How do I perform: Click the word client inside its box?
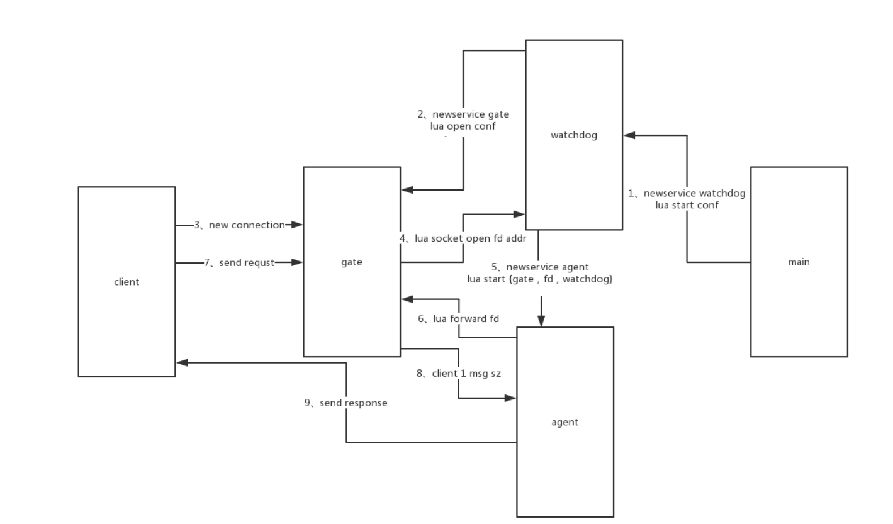126,282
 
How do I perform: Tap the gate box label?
351,262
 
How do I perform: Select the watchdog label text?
574,135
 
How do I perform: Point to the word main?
799,262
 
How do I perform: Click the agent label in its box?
564,422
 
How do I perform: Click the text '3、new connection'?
239,225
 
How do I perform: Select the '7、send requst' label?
239,262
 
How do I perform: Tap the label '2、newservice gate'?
463,114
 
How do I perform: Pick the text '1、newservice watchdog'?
687,194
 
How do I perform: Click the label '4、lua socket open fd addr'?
463,238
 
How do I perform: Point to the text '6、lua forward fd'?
458,319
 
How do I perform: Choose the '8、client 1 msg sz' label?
458,373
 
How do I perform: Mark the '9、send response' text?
346,403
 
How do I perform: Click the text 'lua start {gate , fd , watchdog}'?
540,279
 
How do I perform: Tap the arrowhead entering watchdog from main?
629,135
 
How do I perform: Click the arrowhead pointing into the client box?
181,362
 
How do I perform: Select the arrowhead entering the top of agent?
540,321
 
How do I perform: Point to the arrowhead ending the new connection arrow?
298,225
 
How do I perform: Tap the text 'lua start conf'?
687,205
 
